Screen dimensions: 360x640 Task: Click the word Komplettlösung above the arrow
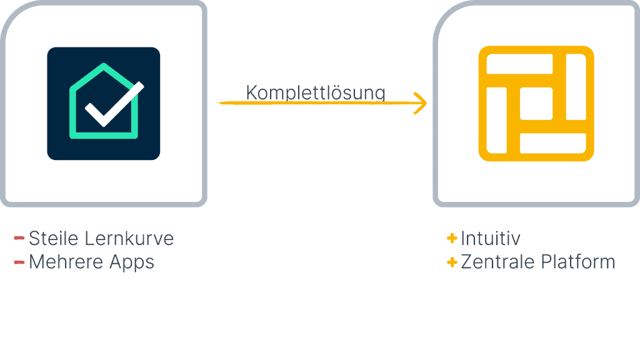click(x=315, y=92)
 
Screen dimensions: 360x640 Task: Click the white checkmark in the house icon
click(x=114, y=104)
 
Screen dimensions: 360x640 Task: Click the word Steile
click(x=54, y=239)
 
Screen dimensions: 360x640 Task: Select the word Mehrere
click(x=58, y=261)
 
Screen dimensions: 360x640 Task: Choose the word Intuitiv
click(x=491, y=238)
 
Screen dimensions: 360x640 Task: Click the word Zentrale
click(x=500, y=261)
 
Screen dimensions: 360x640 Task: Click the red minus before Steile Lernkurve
click(x=19, y=238)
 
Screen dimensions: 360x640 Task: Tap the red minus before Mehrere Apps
click(x=19, y=261)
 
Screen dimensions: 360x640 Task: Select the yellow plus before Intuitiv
click(x=452, y=238)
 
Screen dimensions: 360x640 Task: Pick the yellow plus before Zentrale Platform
click(x=452, y=262)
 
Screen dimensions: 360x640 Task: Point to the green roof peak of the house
click(x=104, y=66)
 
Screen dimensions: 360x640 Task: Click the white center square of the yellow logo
click(x=536, y=104)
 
